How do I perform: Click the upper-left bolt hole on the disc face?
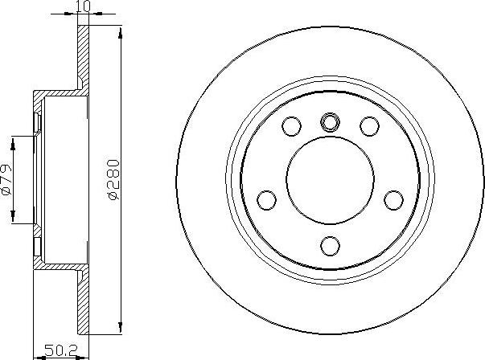click(291, 126)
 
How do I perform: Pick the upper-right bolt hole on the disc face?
click(369, 126)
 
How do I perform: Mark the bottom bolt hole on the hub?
click(330, 244)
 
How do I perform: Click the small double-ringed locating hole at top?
click(330, 122)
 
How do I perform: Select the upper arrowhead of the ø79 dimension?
click(14, 143)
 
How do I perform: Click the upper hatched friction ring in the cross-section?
click(82, 56)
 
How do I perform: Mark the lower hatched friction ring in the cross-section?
click(82, 305)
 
